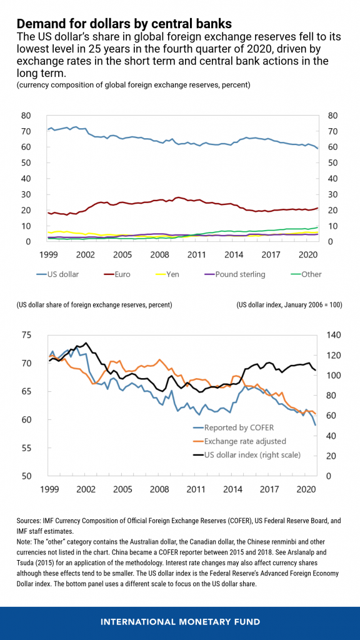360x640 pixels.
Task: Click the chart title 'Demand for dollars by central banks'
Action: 124,24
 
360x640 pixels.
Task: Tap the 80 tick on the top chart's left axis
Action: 26,116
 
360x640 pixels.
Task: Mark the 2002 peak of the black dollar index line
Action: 86,342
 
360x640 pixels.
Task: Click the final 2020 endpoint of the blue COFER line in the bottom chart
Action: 315,425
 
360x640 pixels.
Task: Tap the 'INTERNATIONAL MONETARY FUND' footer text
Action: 180,623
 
